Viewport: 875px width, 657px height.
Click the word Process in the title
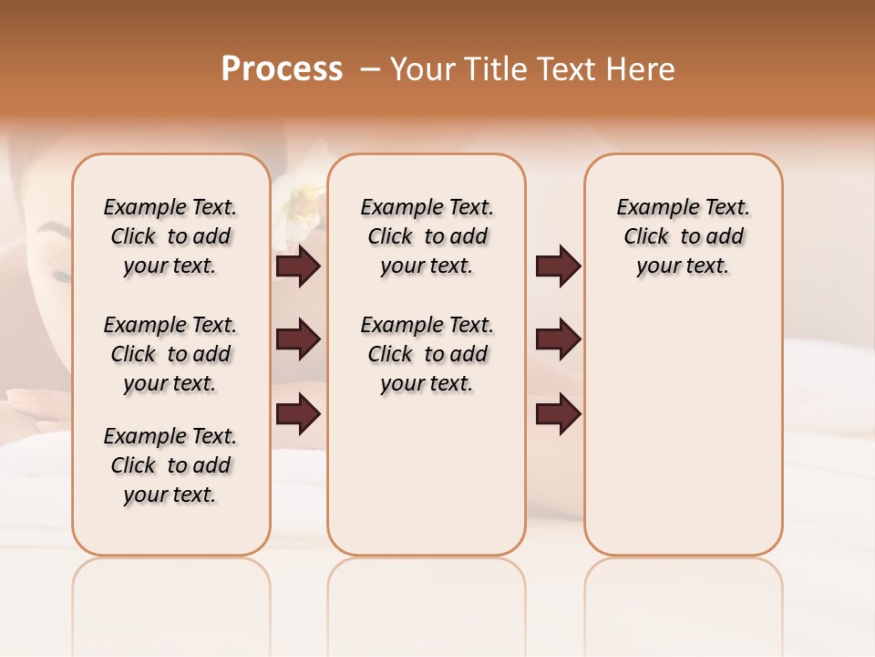282,69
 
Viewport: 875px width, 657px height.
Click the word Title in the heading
496,69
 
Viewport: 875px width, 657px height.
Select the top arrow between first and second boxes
298,266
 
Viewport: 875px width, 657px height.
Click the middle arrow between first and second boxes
298,340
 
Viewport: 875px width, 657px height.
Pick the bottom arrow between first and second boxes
298,413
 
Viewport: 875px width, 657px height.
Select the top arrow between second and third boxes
558,266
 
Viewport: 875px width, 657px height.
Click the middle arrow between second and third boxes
558,340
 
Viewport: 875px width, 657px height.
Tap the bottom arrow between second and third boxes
558,413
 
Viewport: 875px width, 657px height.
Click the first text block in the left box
170,236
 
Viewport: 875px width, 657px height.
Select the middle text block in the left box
170,354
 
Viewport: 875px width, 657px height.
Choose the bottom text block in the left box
170,465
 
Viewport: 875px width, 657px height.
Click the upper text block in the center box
427,236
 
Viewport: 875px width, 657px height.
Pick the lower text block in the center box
427,354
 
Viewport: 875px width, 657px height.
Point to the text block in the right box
683,236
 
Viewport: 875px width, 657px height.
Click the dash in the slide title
370,70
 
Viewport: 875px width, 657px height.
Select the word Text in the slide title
565,69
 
